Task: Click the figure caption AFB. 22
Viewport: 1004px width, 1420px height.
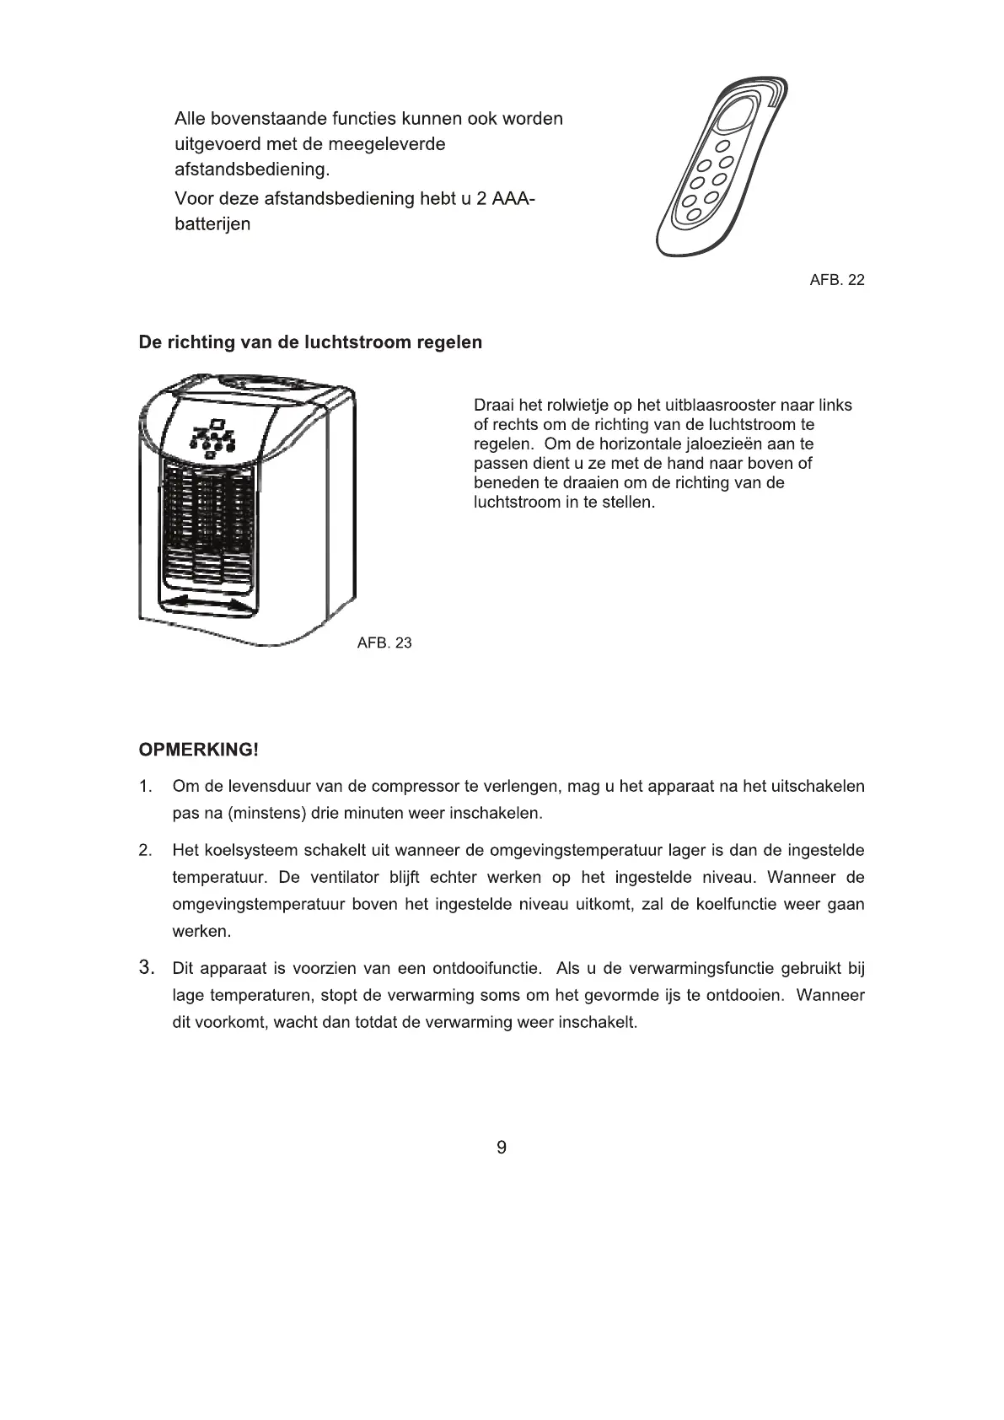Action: click(836, 280)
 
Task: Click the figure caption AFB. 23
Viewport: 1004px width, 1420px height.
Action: click(384, 643)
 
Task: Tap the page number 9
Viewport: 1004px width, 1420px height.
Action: click(502, 1147)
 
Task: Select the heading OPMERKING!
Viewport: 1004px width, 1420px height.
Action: click(198, 750)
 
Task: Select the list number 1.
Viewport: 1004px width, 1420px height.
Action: click(146, 787)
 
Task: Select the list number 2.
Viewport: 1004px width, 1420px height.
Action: click(146, 850)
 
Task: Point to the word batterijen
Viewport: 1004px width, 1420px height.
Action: click(212, 225)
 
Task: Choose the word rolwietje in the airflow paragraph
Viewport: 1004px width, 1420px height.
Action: click(578, 406)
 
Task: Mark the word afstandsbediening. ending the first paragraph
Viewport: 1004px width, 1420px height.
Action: click(252, 169)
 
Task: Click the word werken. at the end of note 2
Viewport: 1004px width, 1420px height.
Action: click(201, 932)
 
